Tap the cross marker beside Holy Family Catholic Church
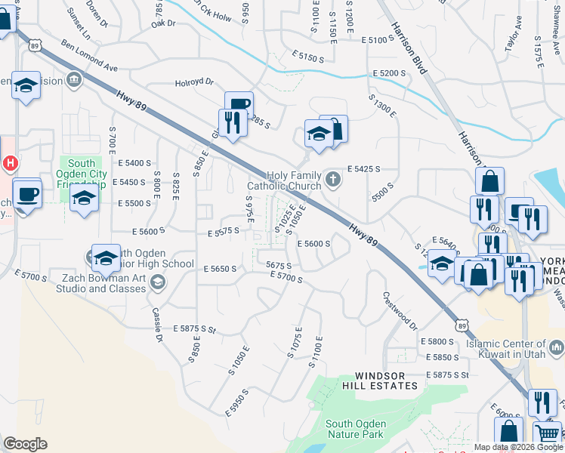[x=333, y=179]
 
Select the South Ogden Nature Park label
[x=355, y=428]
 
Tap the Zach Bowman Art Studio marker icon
[x=157, y=282]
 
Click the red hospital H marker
[x=10, y=162]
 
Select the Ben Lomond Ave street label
[x=90, y=57]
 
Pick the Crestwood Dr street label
[x=400, y=311]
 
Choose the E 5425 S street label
[x=363, y=169]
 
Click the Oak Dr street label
[x=163, y=24]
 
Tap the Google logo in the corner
[x=25, y=444]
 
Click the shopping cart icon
[x=548, y=433]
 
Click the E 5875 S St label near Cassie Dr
[x=194, y=329]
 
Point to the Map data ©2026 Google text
[x=517, y=447]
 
